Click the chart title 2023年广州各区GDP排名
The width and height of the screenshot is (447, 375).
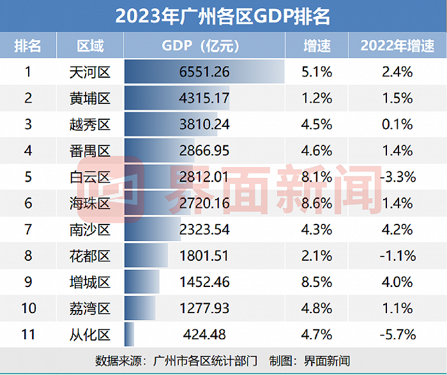[x=223, y=16]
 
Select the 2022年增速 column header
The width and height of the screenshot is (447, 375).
[x=397, y=46]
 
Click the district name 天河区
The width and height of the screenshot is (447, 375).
[x=89, y=72]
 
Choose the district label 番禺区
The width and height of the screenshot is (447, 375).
[x=89, y=151]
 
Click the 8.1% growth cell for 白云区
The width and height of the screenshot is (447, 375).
[x=316, y=177]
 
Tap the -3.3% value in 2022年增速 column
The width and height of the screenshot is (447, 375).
[x=397, y=177]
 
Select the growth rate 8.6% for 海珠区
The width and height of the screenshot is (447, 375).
[x=316, y=203]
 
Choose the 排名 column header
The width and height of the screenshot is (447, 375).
[x=27, y=46]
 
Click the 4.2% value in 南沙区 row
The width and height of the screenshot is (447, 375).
[x=397, y=230]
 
